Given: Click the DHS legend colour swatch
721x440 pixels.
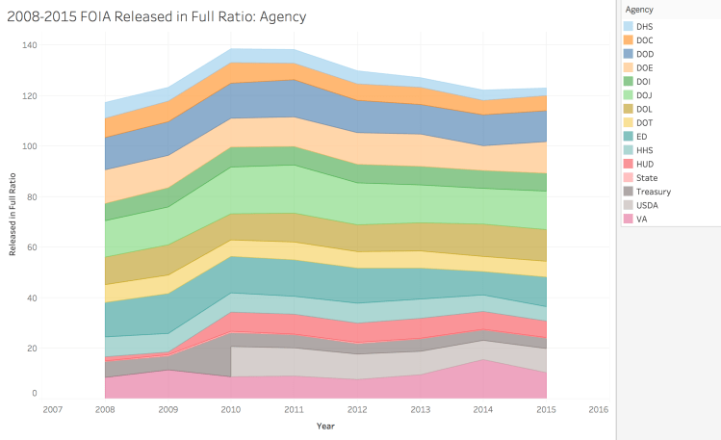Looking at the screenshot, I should (x=629, y=26).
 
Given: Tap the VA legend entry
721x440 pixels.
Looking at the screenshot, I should (x=642, y=219).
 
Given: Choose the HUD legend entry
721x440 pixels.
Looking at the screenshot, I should (x=646, y=164).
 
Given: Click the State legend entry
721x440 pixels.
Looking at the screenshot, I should (x=647, y=177).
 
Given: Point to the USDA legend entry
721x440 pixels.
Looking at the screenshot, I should (x=648, y=205).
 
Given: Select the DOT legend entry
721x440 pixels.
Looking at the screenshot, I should (x=646, y=122).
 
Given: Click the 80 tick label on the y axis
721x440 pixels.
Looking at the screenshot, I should (x=32, y=196).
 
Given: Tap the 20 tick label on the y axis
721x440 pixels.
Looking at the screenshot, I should (x=32, y=348).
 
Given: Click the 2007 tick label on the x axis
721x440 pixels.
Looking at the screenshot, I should (x=52, y=408).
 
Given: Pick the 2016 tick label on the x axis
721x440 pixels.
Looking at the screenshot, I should (x=598, y=408).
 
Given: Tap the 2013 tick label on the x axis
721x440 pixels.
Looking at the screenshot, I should (x=420, y=408).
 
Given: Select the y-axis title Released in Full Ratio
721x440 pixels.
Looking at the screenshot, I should (x=13, y=218).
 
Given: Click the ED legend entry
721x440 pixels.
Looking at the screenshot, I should (x=642, y=136).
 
